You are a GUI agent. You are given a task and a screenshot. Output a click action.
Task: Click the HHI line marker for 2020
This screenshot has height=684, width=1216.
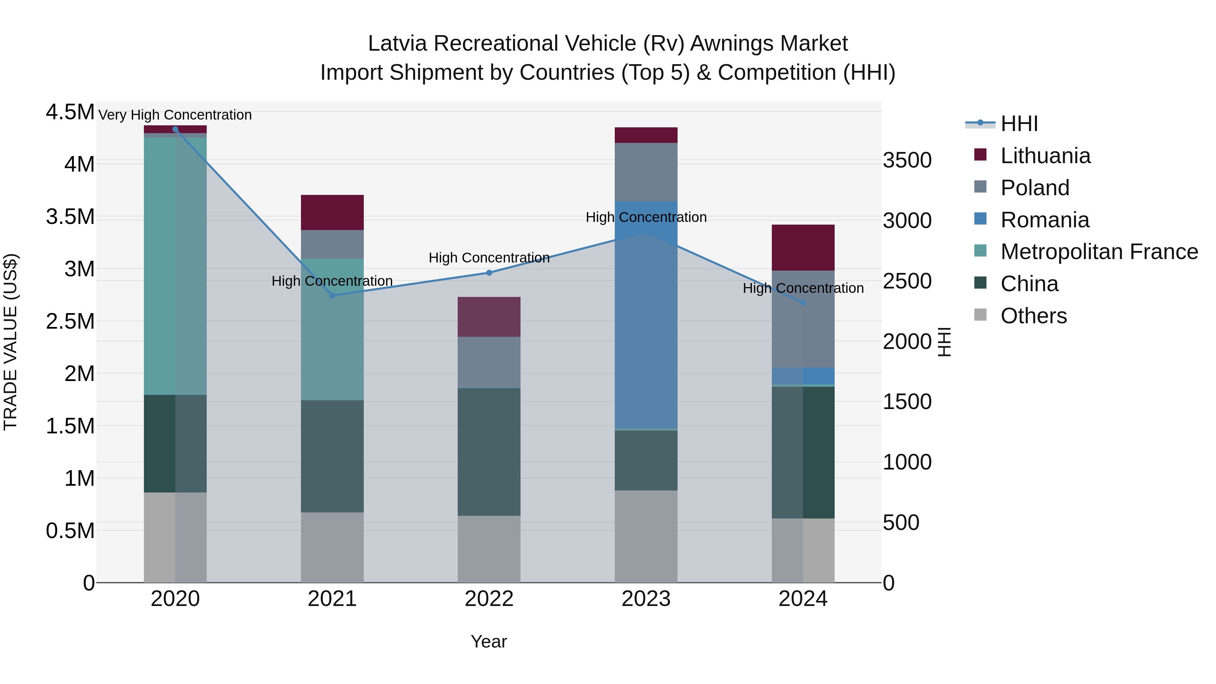[175, 129]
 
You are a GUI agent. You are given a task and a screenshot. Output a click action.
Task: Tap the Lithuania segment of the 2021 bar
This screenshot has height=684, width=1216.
[332, 212]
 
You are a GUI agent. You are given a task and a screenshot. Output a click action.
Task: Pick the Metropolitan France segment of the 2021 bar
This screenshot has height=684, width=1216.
[332, 329]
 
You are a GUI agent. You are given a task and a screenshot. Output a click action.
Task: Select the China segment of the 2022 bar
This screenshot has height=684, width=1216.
[489, 452]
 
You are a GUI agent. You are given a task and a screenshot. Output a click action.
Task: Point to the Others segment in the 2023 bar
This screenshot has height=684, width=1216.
[646, 536]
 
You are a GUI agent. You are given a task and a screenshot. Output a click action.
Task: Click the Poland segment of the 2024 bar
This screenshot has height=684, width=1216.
[803, 319]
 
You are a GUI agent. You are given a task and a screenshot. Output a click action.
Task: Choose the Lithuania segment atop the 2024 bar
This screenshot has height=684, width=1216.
[803, 247]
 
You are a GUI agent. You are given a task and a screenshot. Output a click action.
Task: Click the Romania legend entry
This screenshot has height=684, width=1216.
[1045, 220]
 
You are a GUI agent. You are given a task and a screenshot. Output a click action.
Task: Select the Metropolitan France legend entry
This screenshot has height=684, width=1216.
[1099, 252]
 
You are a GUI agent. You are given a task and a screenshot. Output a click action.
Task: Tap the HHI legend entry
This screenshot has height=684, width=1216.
[1019, 124]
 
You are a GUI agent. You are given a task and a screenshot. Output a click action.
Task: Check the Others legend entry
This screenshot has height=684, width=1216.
[1033, 316]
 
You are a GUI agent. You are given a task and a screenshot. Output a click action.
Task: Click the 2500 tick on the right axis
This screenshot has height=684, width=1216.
[907, 281]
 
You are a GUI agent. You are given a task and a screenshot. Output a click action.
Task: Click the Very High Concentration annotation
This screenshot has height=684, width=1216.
[175, 115]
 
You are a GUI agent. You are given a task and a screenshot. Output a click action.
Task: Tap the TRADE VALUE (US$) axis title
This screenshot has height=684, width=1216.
[11, 342]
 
